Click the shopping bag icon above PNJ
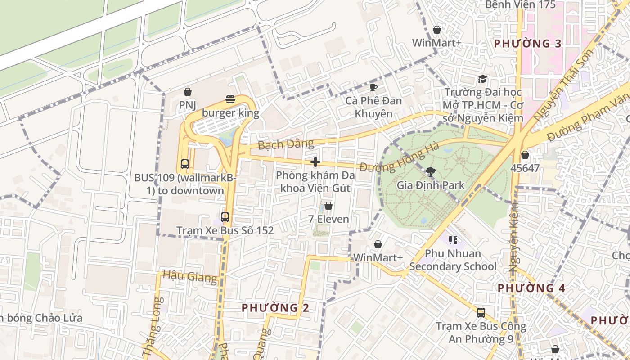pyautogui.click(x=188, y=92)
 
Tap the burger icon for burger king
pyautogui.click(x=230, y=99)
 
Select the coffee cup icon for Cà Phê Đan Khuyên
pyautogui.click(x=373, y=87)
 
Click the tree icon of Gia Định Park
pyautogui.click(x=430, y=171)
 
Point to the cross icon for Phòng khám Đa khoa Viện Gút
pyautogui.click(x=315, y=162)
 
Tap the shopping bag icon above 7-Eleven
pyautogui.click(x=328, y=206)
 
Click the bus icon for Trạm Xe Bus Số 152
pyautogui.click(x=225, y=217)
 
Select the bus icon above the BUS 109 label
pyautogui.click(x=185, y=164)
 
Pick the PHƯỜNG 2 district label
pyautogui.click(x=275, y=308)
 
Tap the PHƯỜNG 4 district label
pyautogui.click(x=531, y=288)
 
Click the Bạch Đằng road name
pyautogui.click(x=286, y=144)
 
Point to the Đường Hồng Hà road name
pyautogui.click(x=400, y=157)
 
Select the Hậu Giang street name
pyautogui.click(x=190, y=276)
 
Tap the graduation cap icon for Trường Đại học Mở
pyautogui.click(x=482, y=79)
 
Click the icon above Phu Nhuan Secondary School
pyautogui.click(x=453, y=240)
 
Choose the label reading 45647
pyautogui.click(x=525, y=168)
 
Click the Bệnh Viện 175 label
pyautogui.click(x=521, y=5)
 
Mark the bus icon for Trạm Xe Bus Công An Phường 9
pyautogui.click(x=481, y=313)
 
